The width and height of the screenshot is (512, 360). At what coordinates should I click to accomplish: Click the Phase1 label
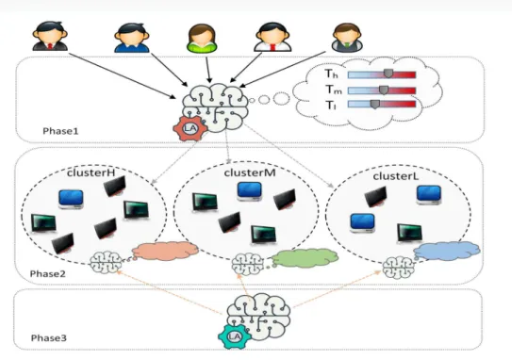click(60, 131)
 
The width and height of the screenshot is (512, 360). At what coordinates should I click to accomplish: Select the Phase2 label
click(48, 274)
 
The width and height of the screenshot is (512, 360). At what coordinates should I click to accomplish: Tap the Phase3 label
click(49, 337)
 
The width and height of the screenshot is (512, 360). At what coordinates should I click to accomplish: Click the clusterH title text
click(91, 172)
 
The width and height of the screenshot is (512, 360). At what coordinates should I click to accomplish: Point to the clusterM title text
click(250, 172)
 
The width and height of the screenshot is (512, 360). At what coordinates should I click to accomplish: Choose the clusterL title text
click(396, 176)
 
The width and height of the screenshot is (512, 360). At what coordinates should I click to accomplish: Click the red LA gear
click(190, 128)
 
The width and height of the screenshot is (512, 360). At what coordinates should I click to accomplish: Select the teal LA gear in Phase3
click(235, 336)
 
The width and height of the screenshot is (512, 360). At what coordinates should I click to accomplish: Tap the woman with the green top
click(202, 39)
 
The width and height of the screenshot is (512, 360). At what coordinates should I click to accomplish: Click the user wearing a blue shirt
click(132, 38)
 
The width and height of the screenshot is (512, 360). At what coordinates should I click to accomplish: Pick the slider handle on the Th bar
click(388, 74)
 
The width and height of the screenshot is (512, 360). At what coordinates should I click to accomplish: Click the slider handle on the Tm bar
click(384, 90)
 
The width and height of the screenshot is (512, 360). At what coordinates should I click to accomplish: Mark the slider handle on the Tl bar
click(375, 104)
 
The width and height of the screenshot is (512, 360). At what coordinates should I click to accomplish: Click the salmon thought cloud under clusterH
click(165, 251)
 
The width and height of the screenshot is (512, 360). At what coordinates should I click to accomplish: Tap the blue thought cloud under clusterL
click(447, 251)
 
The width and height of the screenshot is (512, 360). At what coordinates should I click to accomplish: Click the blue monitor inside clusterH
click(71, 199)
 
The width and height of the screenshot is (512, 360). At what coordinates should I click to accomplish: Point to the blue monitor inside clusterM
click(250, 191)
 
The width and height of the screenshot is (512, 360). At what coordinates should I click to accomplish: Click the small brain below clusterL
click(398, 268)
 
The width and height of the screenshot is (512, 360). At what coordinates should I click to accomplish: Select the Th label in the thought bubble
click(331, 74)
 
